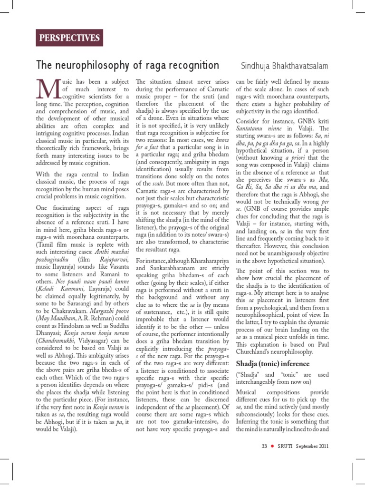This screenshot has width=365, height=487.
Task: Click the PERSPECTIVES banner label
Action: tap(70, 38)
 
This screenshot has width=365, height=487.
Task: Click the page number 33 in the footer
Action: tap(264, 446)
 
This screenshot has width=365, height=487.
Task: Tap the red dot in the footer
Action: tap(273, 446)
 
